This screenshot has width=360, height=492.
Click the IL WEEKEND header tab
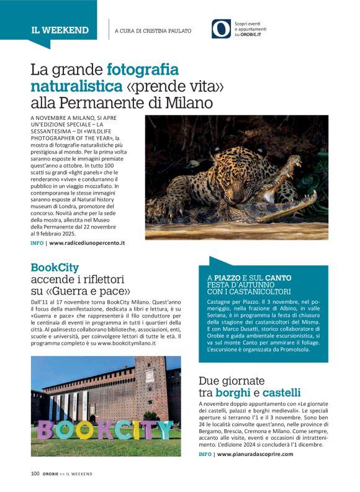60,30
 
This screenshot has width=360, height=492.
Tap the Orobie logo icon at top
221,29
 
